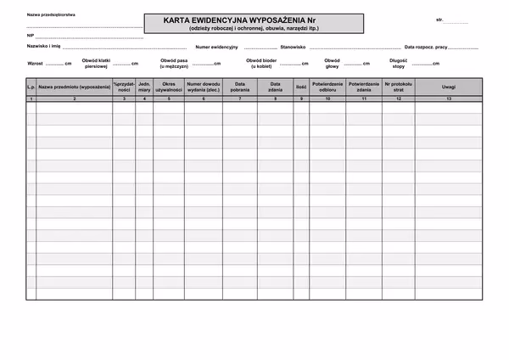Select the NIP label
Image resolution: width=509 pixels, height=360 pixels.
(31, 36)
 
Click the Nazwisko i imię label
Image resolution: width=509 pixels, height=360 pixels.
(43, 48)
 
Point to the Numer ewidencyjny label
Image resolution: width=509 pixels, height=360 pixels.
(216, 48)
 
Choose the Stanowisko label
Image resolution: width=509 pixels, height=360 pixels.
(293, 48)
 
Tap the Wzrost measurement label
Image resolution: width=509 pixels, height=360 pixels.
(36, 64)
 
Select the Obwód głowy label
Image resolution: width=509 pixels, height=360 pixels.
(332, 64)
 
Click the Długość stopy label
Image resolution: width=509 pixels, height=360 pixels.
(399, 64)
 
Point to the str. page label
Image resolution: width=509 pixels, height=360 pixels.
(439, 19)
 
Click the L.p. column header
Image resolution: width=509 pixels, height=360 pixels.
(31, 87)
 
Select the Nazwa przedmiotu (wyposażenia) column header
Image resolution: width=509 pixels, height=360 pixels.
(75, 87)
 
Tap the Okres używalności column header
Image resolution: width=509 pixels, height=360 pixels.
(169, 87)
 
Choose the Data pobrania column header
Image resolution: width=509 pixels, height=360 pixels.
(240, 87)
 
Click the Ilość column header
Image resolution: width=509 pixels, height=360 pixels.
(301, 87)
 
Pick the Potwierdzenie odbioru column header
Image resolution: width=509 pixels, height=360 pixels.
(327, 87)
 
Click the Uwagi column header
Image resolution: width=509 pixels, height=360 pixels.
(449, 87)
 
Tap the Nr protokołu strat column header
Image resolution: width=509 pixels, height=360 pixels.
(398, 87)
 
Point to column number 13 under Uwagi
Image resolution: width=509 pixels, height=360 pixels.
(449, 99)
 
